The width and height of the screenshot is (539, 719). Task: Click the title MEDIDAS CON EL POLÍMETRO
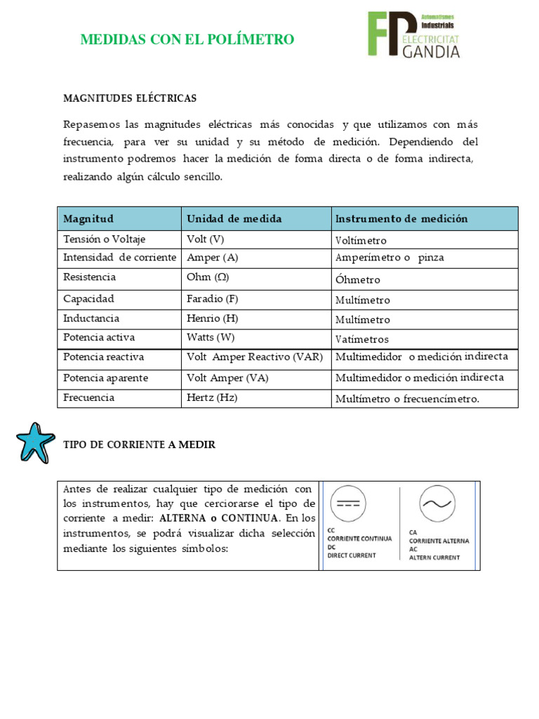[x=187, y=39]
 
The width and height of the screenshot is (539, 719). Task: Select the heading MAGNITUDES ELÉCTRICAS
[x=130, y=98]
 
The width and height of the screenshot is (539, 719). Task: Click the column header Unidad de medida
[x=234, y=218]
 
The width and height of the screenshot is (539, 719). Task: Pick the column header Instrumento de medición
[x=401, y=218]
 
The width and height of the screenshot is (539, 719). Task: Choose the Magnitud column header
[x=88, y=218]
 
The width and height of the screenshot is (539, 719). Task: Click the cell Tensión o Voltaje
[x=104, y=239]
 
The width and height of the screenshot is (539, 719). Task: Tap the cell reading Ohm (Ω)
[x=209, y=277]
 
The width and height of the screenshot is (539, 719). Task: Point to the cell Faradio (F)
[x=213, y=298]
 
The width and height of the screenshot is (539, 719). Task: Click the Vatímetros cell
[x=363, y=339]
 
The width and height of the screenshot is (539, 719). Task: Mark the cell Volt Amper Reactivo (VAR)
[x=254, y=357]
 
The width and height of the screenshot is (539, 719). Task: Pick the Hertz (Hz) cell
[x=212, y=397]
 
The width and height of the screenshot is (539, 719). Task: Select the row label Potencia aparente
[x=105, y=378]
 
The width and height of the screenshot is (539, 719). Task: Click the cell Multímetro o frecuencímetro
[x=407, y=399]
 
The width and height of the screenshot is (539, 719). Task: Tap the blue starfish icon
[x=35, y=443]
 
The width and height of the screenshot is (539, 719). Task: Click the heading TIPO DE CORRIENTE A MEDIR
[x=139, y=444]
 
